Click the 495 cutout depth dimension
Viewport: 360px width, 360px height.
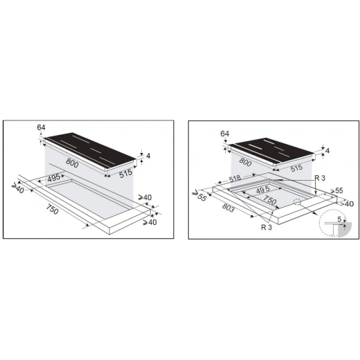pyautogui.click(x=54, y=178)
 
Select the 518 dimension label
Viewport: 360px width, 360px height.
pyautogui.click(x=235, y=178)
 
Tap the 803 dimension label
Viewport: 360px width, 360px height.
pyautogui.click(x=228, y=208)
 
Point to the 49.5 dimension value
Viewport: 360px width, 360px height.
pyautogui.click(x=263, y=190)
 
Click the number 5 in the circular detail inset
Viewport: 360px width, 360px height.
pyautogui.click(x=339, y=219)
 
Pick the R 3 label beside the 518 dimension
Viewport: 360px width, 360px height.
pyautogui.click(x=320, y=178)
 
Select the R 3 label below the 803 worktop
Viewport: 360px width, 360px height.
pyautogui.click(x=267, y=227)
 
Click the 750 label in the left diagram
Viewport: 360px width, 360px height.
pyautogui.click(x=52, y=209)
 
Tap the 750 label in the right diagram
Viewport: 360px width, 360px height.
pyautogui.click(x=270, y=200)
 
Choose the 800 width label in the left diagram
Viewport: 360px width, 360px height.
pyautogui.click(x=72, y=163)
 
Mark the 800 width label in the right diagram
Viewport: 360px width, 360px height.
pyautogui.click(x=245, y=162)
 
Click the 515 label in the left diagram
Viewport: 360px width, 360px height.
pyautogui.click(x=126, y=174)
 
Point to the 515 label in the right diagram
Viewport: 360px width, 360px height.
pyautogui.click(x=297, y=168)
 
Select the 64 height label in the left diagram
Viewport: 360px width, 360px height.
pyautogui.click(x=41, y=127)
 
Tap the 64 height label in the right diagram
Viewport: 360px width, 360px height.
pyautogui.click(x=225, y=134)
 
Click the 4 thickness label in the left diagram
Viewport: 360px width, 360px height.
pyautogui.click(x=148, y=156)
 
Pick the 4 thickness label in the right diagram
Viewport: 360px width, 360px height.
pyautogui.click(x=327, y=151)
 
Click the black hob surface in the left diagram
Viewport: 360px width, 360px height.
pyautogui.click(x=90, y=150)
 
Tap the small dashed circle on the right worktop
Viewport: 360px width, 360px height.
pyautogui.click(x=297, y=201)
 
